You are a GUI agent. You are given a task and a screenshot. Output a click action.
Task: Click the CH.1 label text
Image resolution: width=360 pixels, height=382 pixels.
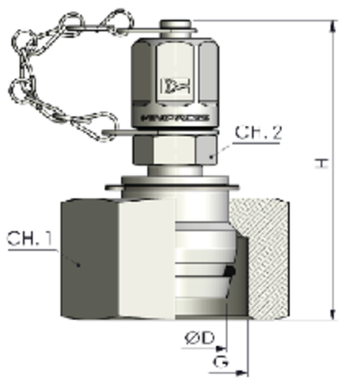(26, 241)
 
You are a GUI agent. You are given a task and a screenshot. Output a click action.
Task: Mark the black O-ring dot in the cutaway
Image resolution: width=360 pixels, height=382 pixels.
(230, 269)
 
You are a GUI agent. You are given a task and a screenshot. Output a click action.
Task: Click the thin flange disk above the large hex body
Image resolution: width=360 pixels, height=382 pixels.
(171, 187)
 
